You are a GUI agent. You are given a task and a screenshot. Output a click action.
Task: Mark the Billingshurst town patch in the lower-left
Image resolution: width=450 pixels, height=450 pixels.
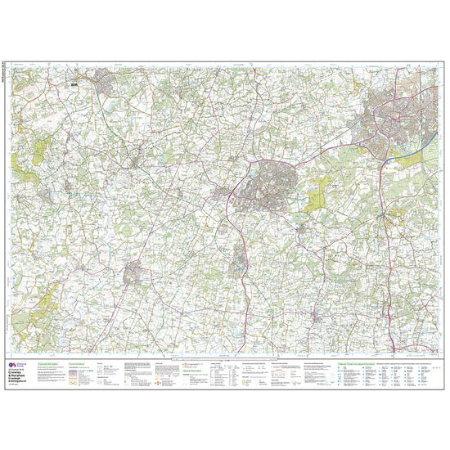point(133,273)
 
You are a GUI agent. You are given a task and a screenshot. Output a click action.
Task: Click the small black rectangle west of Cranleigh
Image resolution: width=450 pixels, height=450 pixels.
point(74,83)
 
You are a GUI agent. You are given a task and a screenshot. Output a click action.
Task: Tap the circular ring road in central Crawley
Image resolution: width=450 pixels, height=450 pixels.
point(385,122)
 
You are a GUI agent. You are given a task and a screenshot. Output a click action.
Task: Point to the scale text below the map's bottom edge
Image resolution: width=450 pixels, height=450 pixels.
point(225,357)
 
